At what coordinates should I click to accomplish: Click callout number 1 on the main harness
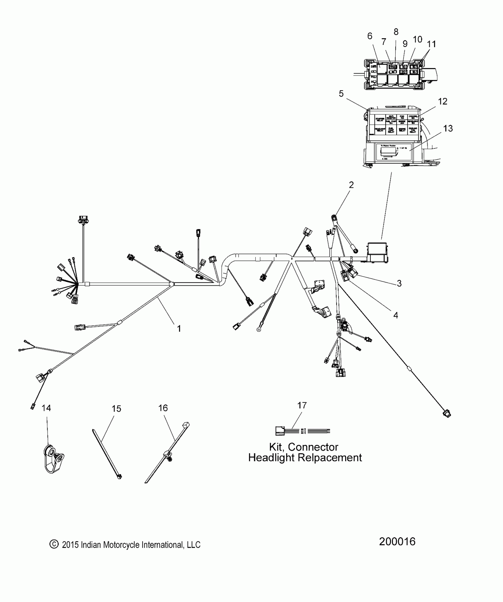pyautogui.click(x=179, y=328)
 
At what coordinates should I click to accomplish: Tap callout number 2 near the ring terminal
pyautogui.click(x=351, y=185)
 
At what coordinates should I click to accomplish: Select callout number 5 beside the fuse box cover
pyautogui.click(x=341, y=94)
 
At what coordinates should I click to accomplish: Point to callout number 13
pyautogui.click(x=448, y=129)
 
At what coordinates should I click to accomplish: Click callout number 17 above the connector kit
pyautogui.click(x=302, y=405)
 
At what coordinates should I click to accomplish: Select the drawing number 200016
pyautogui.click(x=397, y=541)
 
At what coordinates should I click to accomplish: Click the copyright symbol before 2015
pyautogui.click(x=54, y=544)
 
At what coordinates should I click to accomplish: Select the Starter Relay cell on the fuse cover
pyautogui.click(x=380, y=120)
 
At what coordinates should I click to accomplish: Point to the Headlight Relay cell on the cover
pyautogui.click(x=380, y=130)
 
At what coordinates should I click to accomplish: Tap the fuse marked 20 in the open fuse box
pyautogui.click(x=403, y=72)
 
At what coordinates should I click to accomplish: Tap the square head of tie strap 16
pyautogui.click(x=186, y=424)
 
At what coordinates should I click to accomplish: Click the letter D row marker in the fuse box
pyautogui.click(x=372, y=66)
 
